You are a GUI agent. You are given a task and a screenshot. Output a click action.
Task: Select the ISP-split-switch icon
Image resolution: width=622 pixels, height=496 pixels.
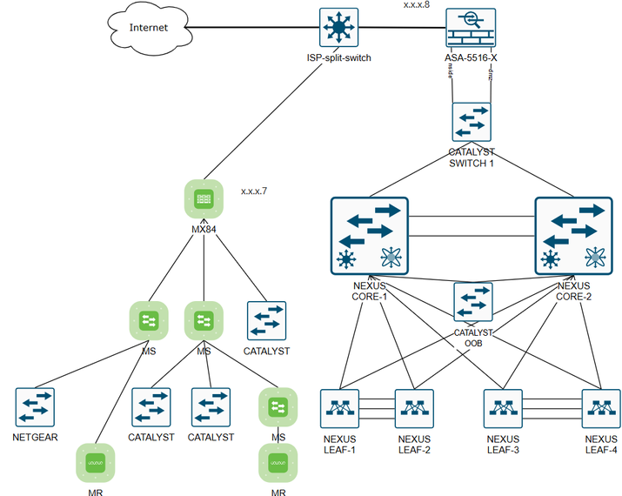335,29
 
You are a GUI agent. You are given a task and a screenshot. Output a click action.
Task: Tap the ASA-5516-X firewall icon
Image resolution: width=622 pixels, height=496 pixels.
471,29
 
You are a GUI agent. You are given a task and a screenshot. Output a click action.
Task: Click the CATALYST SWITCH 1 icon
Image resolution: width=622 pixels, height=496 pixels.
472,122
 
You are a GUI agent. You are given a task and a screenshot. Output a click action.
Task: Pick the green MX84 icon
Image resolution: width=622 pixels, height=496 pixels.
203,200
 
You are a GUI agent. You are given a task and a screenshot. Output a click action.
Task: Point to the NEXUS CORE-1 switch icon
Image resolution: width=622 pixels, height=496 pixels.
370,234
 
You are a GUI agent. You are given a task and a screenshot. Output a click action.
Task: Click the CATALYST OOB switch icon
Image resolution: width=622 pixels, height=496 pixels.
472,302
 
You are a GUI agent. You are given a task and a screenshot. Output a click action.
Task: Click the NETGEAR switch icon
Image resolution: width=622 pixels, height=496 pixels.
35,407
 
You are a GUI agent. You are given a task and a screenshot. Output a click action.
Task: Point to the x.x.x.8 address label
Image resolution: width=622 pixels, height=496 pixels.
416,5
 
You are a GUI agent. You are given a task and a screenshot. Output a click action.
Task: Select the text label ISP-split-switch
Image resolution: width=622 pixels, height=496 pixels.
335,57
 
